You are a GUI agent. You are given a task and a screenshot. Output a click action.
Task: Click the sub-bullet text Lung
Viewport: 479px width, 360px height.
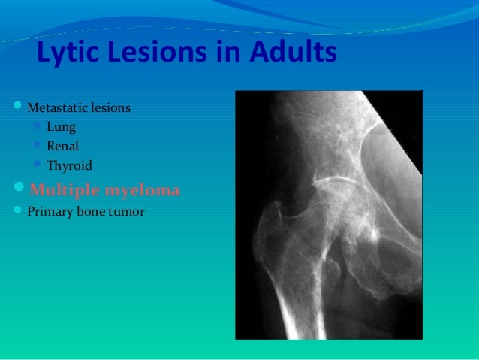coord(61,127)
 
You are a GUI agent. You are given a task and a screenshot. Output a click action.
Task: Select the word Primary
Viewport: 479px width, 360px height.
coord(49,211)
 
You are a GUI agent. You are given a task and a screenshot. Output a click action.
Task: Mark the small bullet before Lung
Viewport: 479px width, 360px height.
coord(38,126)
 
